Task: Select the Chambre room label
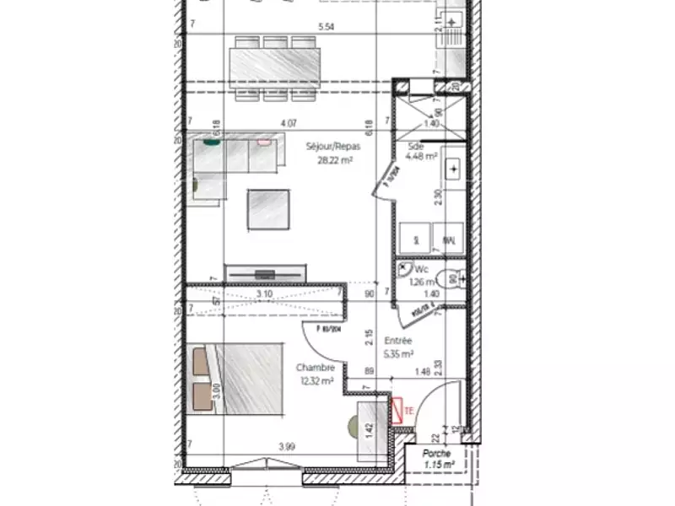(x=315, y=368)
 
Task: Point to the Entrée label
(x=397, y=342)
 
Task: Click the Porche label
(x=437, y=453)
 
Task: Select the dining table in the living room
(x=275, y=65)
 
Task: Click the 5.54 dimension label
(x=327, y=27)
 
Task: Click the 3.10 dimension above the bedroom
(x=264, y=294)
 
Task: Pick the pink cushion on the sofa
(x=264, y=143)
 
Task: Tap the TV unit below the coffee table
(x=266, y=273)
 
